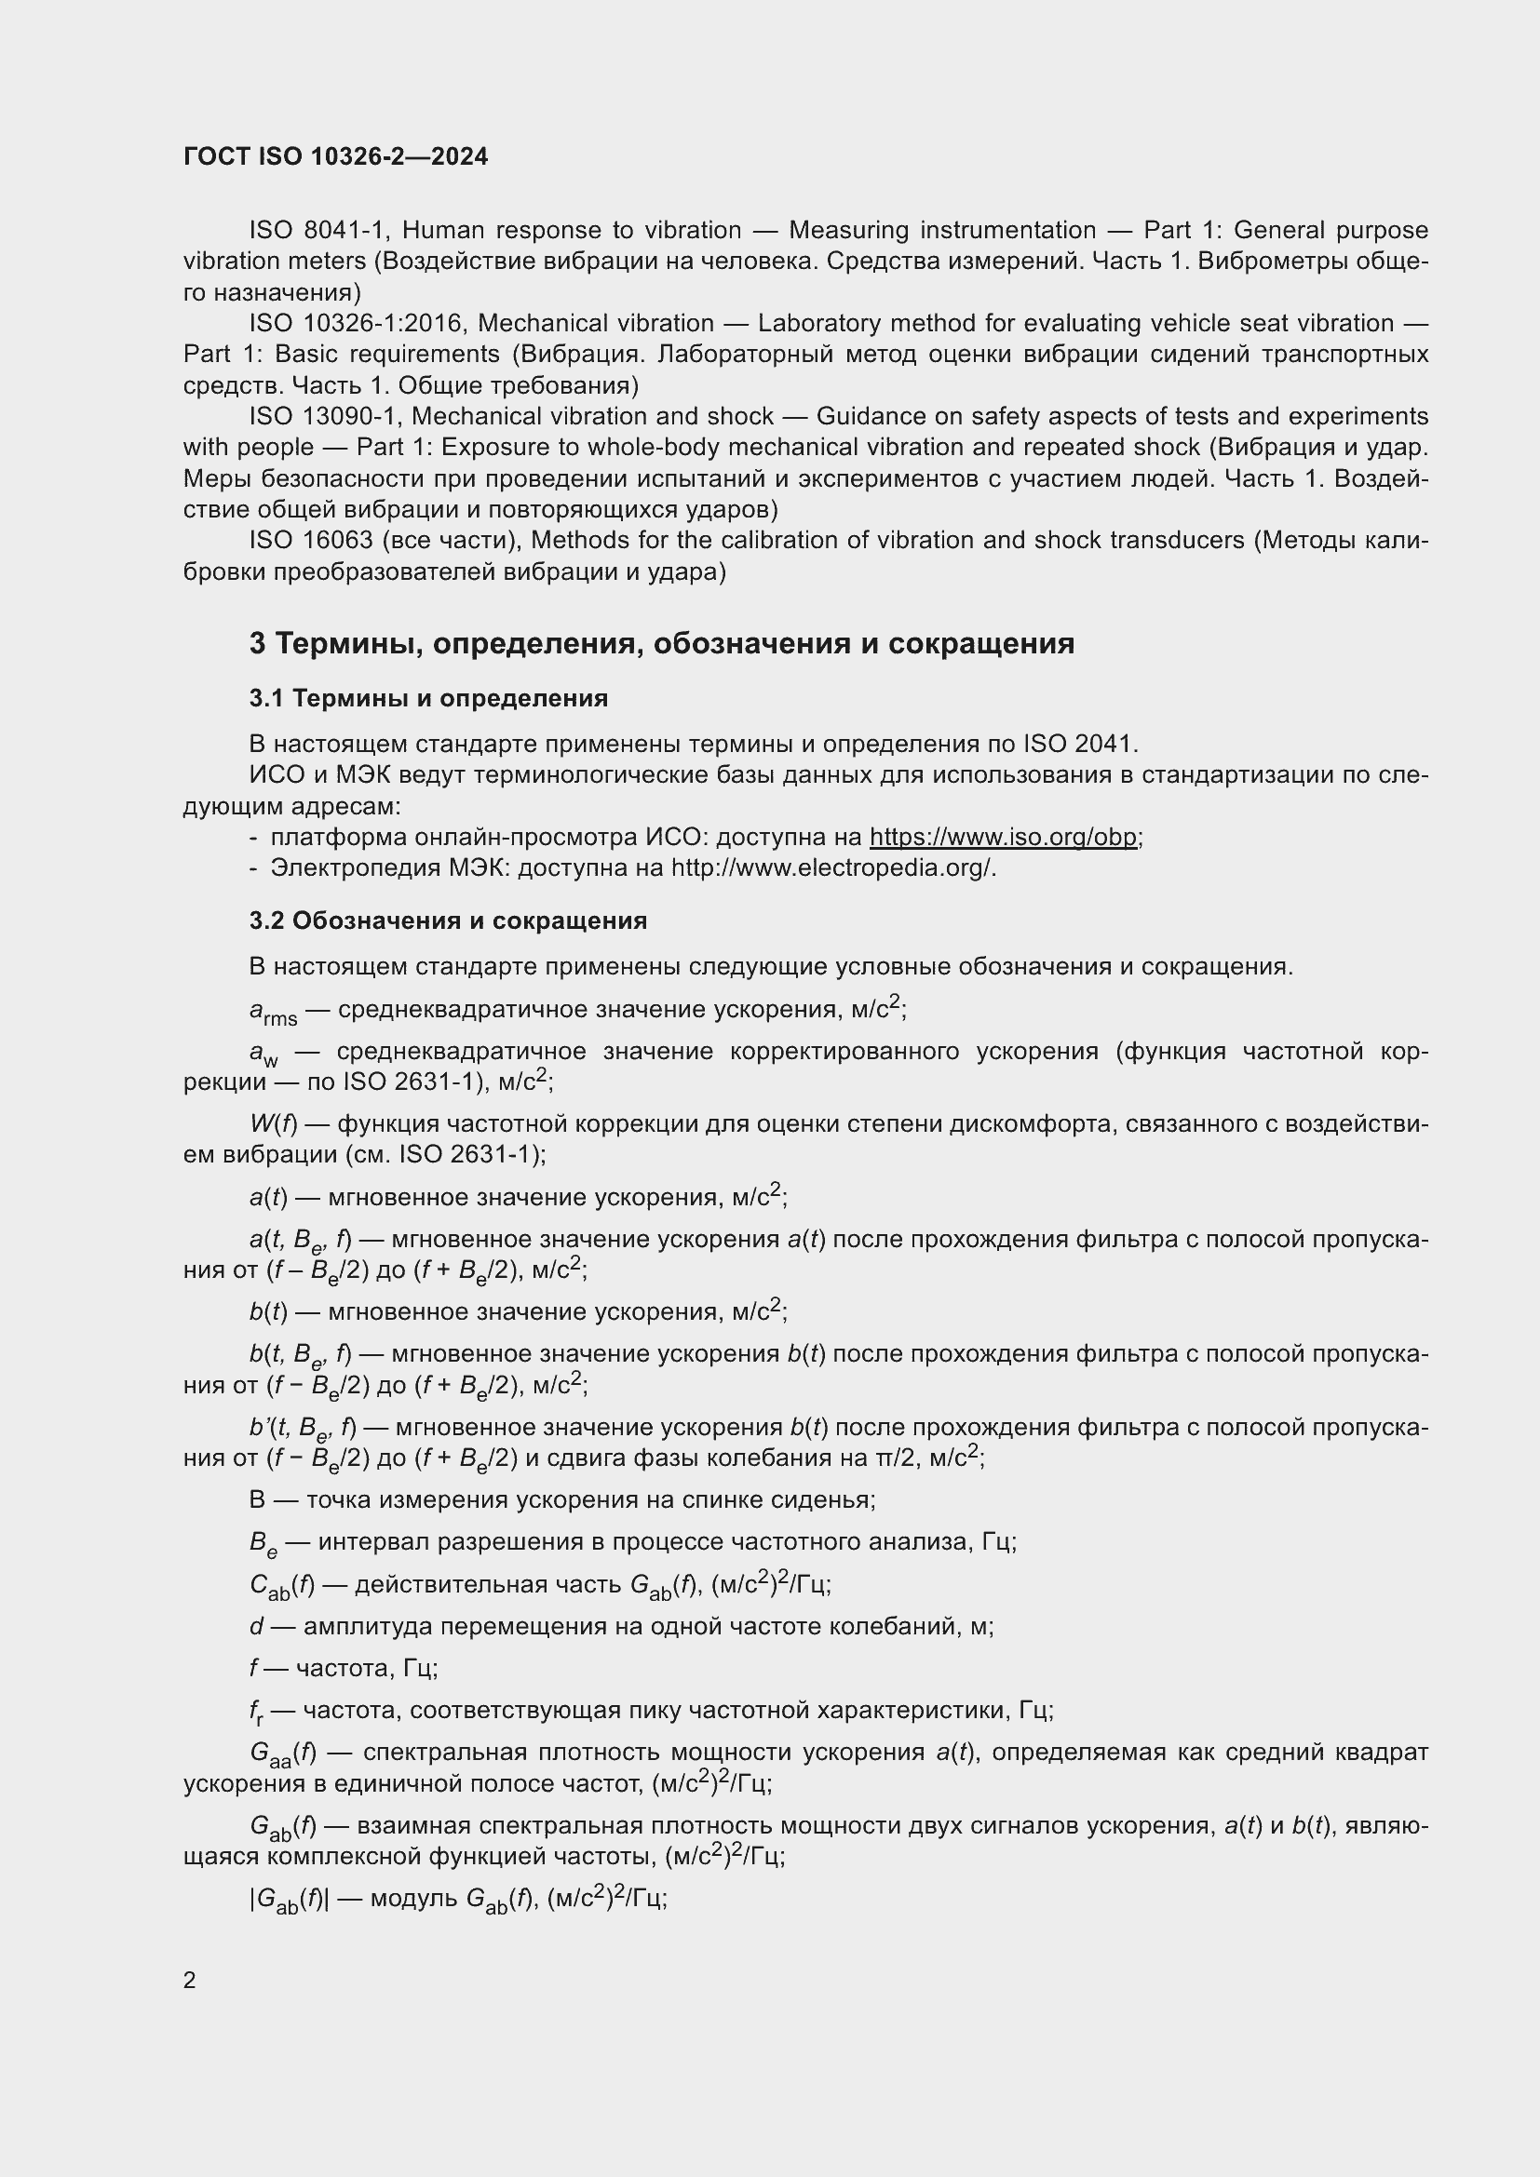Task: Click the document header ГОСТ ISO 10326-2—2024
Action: point(336,156)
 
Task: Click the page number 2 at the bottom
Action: point(190,1980)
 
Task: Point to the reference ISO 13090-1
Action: point(326,416)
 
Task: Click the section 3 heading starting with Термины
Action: point(661,644)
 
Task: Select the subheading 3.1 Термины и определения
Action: point(428,699)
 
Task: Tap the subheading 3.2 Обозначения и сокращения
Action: point(448,921)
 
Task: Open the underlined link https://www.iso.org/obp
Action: point(1003,838)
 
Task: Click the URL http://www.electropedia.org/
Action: point(832,867)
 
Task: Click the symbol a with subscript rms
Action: point(273,1013)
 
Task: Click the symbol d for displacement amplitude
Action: point(256,1626)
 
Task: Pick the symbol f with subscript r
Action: point(256,1711)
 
